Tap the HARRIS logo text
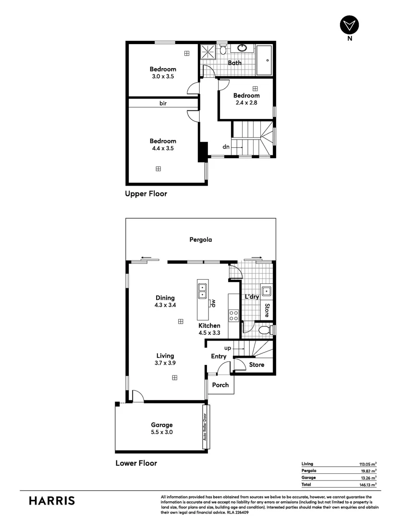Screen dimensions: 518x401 click(x=52, y=501)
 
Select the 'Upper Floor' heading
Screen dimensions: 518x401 click(x=146, y=194)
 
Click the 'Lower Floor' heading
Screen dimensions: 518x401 click(x=136, y=463)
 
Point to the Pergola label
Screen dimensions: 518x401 click(x=200, y=240)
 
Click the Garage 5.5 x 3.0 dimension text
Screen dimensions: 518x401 click(x=161, y=432)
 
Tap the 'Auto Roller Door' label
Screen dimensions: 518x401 click(x=205, y=427)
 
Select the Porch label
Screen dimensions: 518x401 click(x=220, y=385)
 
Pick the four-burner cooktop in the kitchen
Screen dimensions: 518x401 click(x=233, y=315)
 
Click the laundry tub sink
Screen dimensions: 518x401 click(x=266, y=291)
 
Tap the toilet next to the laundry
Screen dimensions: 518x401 click(x=264, y=330)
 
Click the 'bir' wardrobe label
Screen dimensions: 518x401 click(x=163, y=103)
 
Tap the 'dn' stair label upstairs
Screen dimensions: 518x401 click(x=226, y=147)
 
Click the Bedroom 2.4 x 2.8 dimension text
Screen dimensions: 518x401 click(x=247, y=102)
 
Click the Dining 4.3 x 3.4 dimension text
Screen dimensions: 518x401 click(x=165, y=305)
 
